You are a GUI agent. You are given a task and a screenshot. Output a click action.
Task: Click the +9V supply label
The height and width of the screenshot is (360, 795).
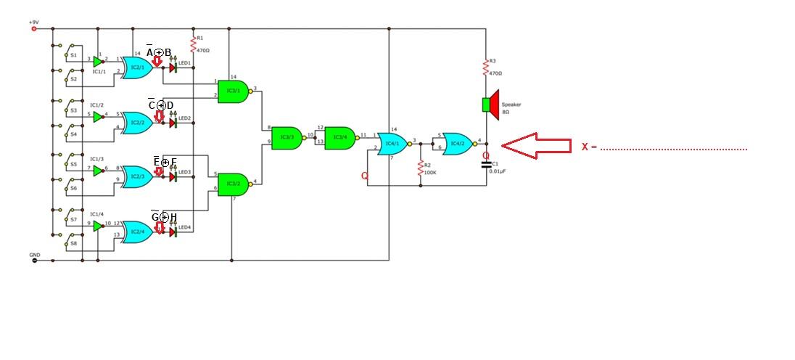pyautogui.click(x=33, y=22)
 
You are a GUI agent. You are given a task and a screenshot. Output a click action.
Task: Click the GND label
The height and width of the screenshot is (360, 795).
pyautogui.click(x=34, y=255)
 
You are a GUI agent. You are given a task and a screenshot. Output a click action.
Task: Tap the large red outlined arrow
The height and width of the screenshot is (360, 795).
pyautogui.click(x=536, y=144)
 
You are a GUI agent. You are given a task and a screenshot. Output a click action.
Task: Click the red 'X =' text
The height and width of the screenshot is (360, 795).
pyautogui.click(x=589, y=147)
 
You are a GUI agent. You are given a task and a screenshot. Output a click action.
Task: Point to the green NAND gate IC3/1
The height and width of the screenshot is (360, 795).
pyautogui.click(x=233, y=90)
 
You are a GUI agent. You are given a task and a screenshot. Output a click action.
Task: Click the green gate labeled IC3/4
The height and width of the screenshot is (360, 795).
pyautogui.click(x=339, y=136)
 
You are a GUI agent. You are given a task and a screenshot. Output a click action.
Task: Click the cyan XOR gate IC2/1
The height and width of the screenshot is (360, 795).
pyautogui.click(x=136, y=67)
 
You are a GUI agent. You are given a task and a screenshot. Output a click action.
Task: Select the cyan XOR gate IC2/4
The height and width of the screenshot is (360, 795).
pyautogui.click(x=136, y=232)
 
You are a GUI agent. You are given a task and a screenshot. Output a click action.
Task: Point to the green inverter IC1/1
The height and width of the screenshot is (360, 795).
pyautogui.click(x=98, y=62)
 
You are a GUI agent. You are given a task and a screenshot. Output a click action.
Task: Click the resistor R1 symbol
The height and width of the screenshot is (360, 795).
pyautogui.click(x=194, y=46)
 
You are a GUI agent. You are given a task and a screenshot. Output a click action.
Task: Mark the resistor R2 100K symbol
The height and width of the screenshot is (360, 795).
pyautogui.click(x=420, y=169)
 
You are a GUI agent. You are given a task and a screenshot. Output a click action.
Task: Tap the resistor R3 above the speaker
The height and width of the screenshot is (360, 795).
pyautogui.click(x=486, y=68)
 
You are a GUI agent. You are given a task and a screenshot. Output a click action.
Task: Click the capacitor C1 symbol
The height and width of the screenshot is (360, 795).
pyautogui.click(x=486, y=165)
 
